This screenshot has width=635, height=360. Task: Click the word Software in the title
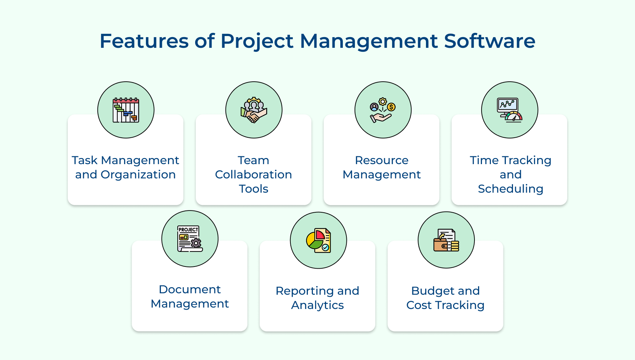[489, 41]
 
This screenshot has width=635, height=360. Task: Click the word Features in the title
[144, 41]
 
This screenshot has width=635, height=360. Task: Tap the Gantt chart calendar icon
[126, 110]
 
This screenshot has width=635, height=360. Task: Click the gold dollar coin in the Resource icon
[391, 107]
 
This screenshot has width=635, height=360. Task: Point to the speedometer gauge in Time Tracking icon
[514, 117]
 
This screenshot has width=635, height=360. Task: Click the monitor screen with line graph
[508, 105]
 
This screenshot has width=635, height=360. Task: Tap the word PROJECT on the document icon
[188, 229]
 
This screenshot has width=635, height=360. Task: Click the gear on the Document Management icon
[196, 243]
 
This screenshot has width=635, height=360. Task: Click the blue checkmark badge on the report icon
[325, 247]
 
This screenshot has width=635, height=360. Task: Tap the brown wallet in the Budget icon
[441, 245]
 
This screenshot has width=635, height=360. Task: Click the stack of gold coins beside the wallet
[454, 246]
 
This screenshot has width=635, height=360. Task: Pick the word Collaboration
[254, 174]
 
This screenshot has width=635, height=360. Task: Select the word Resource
[382, 160]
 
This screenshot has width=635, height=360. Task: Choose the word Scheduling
[510, 189]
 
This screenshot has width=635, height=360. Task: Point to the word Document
[190, 289]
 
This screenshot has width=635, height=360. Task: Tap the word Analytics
[317, 305]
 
